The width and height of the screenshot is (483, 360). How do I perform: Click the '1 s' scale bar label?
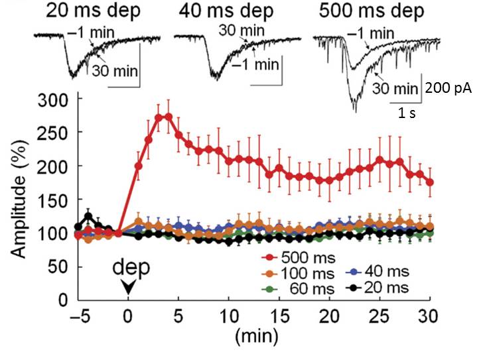point(407,113)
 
